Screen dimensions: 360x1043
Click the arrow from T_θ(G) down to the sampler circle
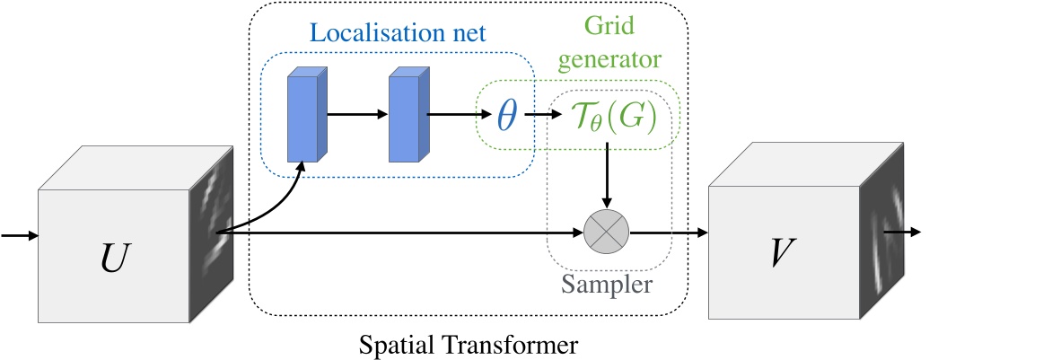pos(607,175)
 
